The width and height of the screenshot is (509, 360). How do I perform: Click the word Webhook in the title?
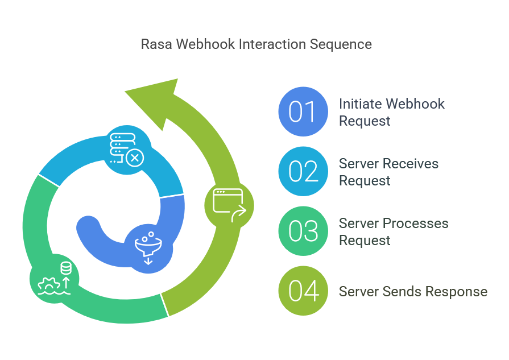pyautogui.click(x=205, y=44)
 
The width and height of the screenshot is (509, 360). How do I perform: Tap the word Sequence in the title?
pyautogui.click(x=341, y=45)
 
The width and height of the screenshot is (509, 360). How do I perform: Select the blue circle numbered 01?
pyautogui.click(x=303, y=111)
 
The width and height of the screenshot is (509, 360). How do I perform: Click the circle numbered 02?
pyautogui.click(x=303, y=171)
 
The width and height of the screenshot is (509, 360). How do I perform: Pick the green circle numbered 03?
pyautogui.click(x=303, y=231)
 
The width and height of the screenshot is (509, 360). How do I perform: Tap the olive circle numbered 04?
pyautogui.click(x=303, y=291)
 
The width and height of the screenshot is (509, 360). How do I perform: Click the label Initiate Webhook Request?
pyautogui.click(x=391, y=112)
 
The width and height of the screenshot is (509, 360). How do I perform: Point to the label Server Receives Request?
pyautogui.click(x=388, y=172)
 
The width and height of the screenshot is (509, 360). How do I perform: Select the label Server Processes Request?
pyautogui.click(x=394, y=232)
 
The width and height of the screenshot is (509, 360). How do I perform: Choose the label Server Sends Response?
pyautogui.click(x=413, y=292)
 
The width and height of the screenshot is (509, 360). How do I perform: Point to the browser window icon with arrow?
pyautogui.click(x=229, y=205)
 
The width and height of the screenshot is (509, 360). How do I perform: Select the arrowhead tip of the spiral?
pyautogui.click(x=125, y=92)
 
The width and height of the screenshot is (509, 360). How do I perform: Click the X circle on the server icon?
pyautogui.click(x=135, y=158)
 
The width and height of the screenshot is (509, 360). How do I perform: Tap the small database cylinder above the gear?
pyautogui.click(x=66, y=268)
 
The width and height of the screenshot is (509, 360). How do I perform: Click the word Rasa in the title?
pyautogui.click(x=156, y=44)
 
